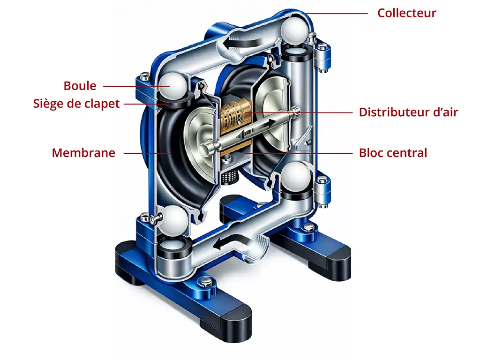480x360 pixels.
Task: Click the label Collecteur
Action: click(x=406, y=13)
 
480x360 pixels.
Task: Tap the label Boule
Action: click(x=80, y=86)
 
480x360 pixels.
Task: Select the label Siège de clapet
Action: click(x=76, y=104)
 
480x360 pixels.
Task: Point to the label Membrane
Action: click(x=83, y=153)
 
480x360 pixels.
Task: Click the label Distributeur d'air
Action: click(x=408, y=112)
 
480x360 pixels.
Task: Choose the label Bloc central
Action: click(x=393, y=153)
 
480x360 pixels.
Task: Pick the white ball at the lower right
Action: click(x=296, y=177)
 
